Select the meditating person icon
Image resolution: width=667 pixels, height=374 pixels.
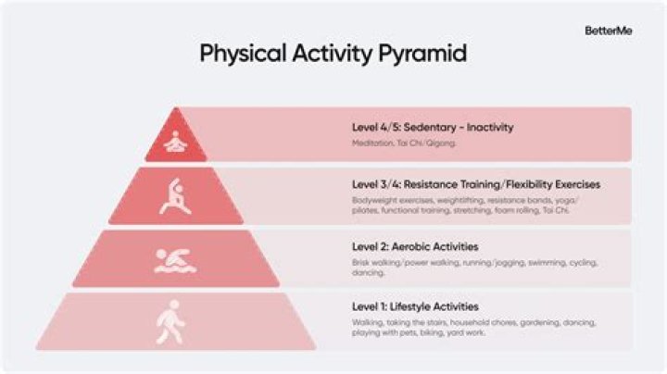(174, 142)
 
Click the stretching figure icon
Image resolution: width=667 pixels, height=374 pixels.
(176, 196)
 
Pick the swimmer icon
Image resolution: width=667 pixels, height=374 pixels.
(175, 260)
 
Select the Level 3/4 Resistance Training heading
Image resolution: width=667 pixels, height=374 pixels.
(475, 184)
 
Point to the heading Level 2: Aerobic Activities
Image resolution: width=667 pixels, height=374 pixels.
(414, 247)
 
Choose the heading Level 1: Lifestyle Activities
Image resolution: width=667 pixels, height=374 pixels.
(416, 306)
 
